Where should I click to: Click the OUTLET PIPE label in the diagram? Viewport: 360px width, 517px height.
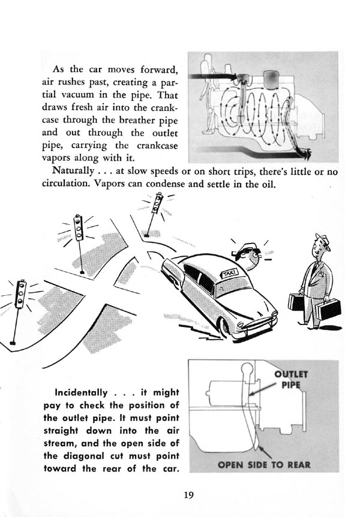click(x=290, y=379)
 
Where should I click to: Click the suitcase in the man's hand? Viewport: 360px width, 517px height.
click(x=329, y=309)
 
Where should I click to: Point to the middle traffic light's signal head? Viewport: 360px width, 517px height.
click(x=78, y=228)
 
